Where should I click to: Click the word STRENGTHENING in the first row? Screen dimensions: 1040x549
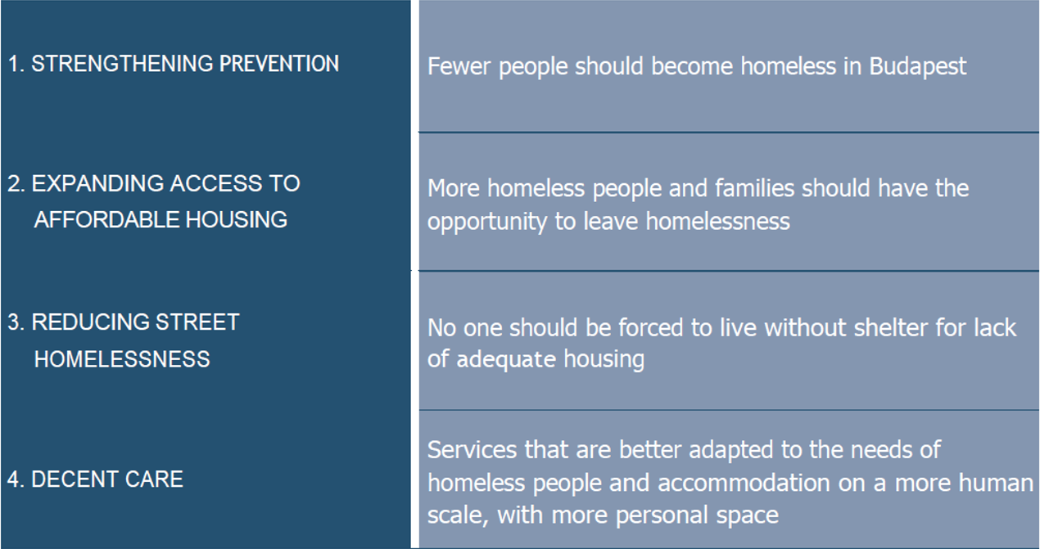[122, 64]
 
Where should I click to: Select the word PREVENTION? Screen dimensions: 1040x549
[279, 64]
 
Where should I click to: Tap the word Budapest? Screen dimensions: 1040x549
[918, 67]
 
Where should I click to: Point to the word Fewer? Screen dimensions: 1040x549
[459, 66]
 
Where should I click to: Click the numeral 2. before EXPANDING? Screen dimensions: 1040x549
[16, 183]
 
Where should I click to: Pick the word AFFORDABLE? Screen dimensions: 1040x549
[106, 219]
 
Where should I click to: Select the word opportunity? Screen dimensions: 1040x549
[487, 223]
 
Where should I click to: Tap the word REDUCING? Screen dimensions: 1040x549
[89, 322]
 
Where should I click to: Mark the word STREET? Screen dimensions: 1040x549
[197, 322]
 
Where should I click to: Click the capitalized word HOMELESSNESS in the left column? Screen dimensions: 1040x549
[122, 359]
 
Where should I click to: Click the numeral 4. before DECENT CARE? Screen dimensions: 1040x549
[16, 479]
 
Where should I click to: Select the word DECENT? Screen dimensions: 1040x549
[75, 479]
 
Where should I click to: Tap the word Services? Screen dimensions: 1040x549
[473, 450]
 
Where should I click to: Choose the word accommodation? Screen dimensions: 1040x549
[744, 483]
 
